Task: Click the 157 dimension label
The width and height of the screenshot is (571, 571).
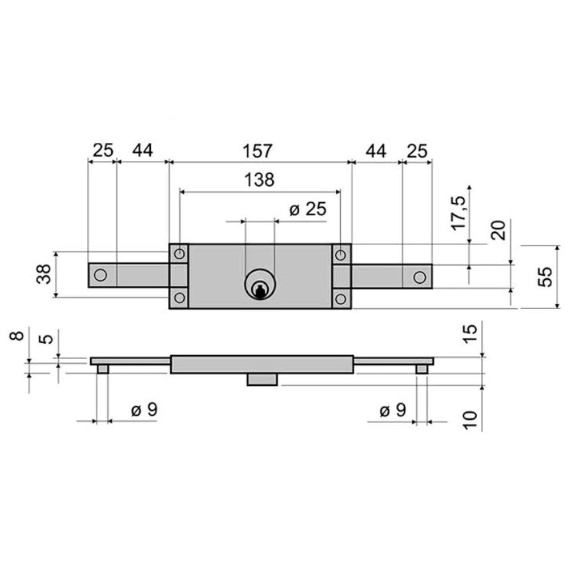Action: click(260, 151)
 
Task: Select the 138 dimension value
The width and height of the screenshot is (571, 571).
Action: click(260, 180)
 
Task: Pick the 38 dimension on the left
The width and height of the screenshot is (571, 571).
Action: click(45, 274)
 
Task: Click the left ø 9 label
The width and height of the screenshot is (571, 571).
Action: click(144, 410)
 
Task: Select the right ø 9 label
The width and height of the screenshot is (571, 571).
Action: click(393, 410)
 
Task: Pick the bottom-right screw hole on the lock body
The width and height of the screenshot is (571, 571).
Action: click(341, 298)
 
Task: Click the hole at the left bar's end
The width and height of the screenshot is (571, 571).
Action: click(100, 275)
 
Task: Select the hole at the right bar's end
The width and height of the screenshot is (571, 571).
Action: click(419, 277)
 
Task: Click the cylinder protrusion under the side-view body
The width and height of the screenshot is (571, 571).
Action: click(263, 380)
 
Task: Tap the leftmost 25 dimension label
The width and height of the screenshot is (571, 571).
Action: click(103, 151)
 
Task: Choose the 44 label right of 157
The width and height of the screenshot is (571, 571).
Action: click(376, 151)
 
